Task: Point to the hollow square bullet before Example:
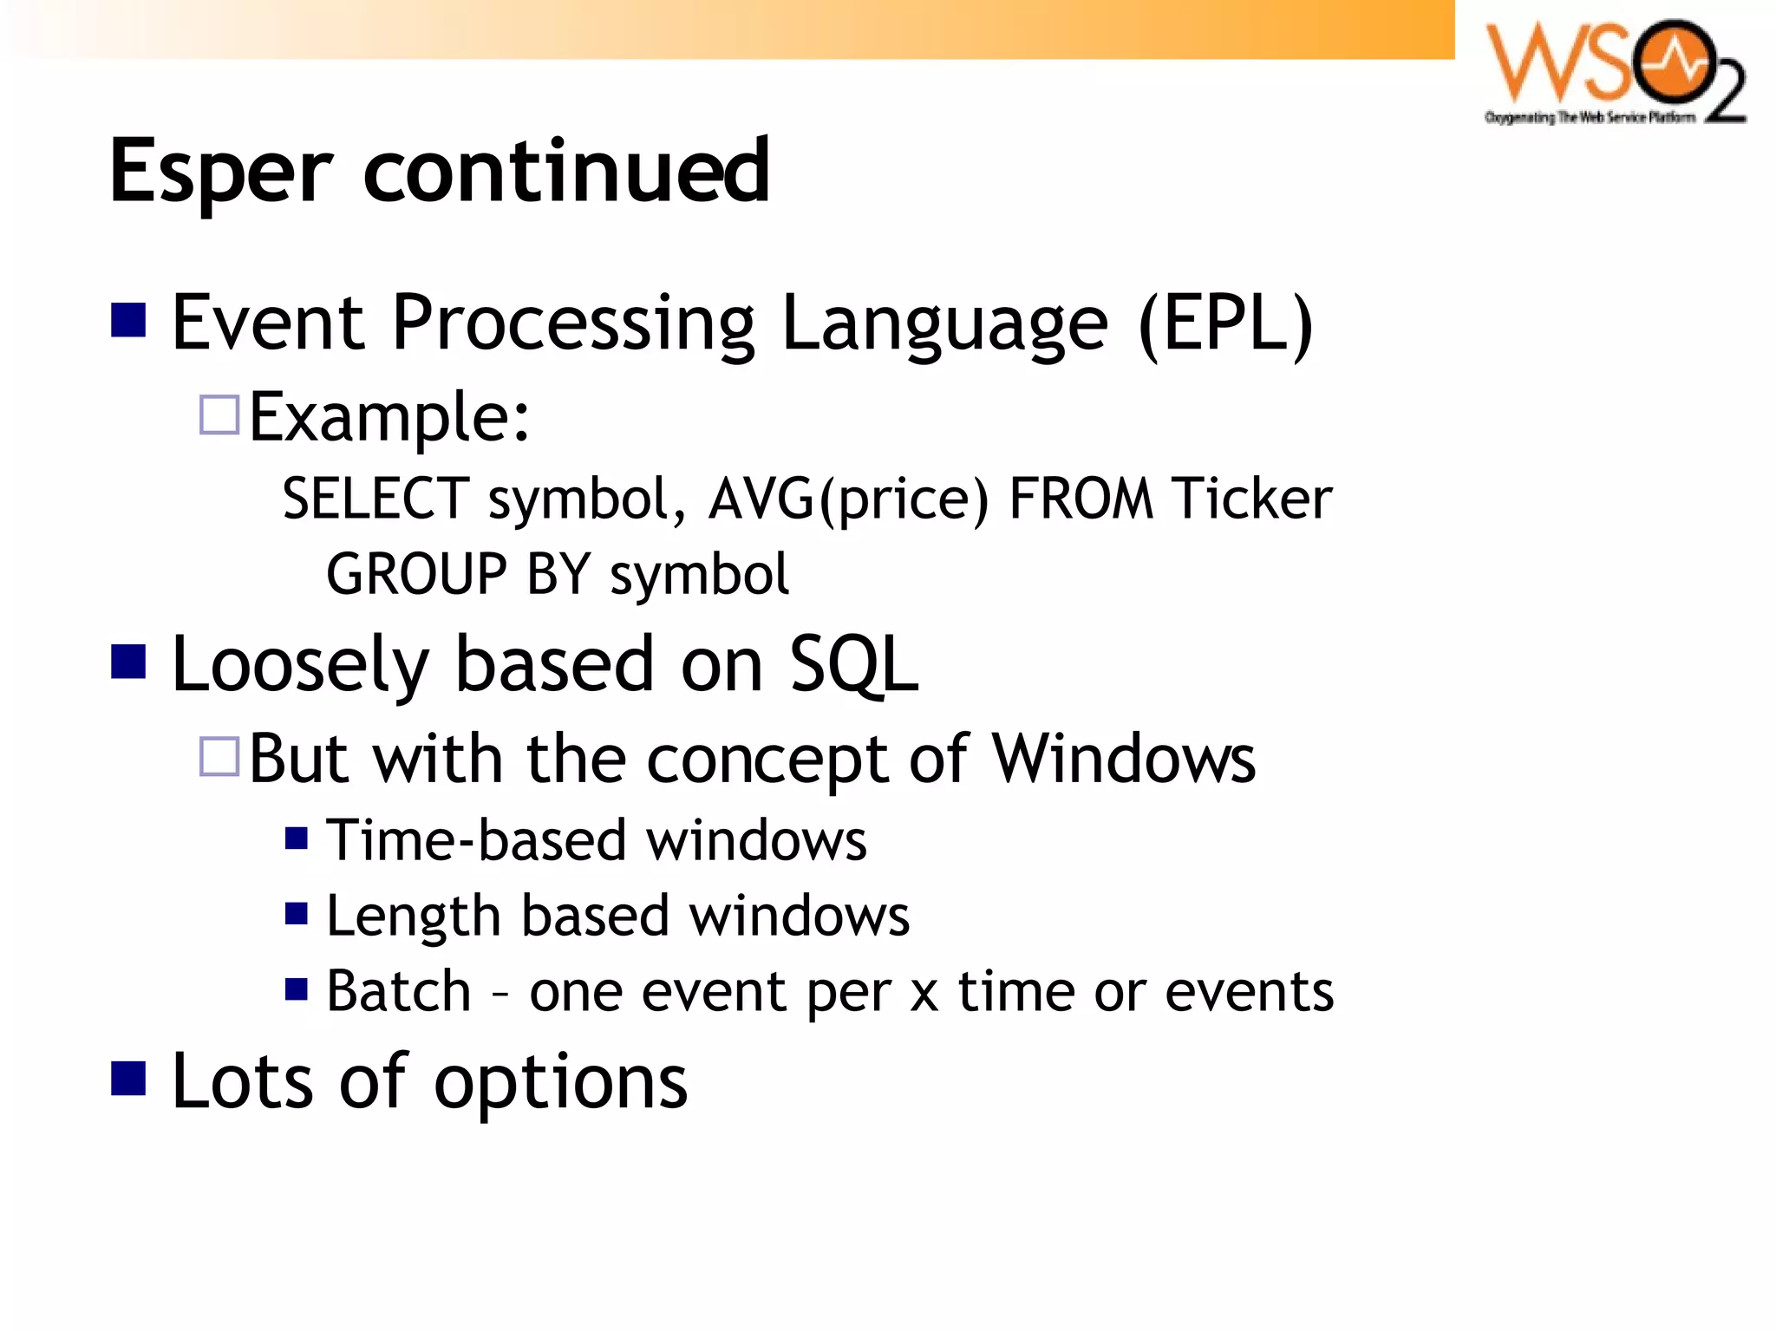[x=219, y=415]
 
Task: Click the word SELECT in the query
[x=375, y=499]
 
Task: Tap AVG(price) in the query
[x=848, y=499]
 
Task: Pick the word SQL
[x=853, y=664]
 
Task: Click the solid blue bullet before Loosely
[x=128, y=662]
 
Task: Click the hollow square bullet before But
[x=219, y=756]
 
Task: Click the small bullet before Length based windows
[x=297, y=914]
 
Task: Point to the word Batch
[x=398, y=991]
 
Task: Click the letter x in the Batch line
[x=924, y=994]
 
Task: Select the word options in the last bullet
[x=560, y=1082]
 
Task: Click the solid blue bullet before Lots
[x=128, y=1079]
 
